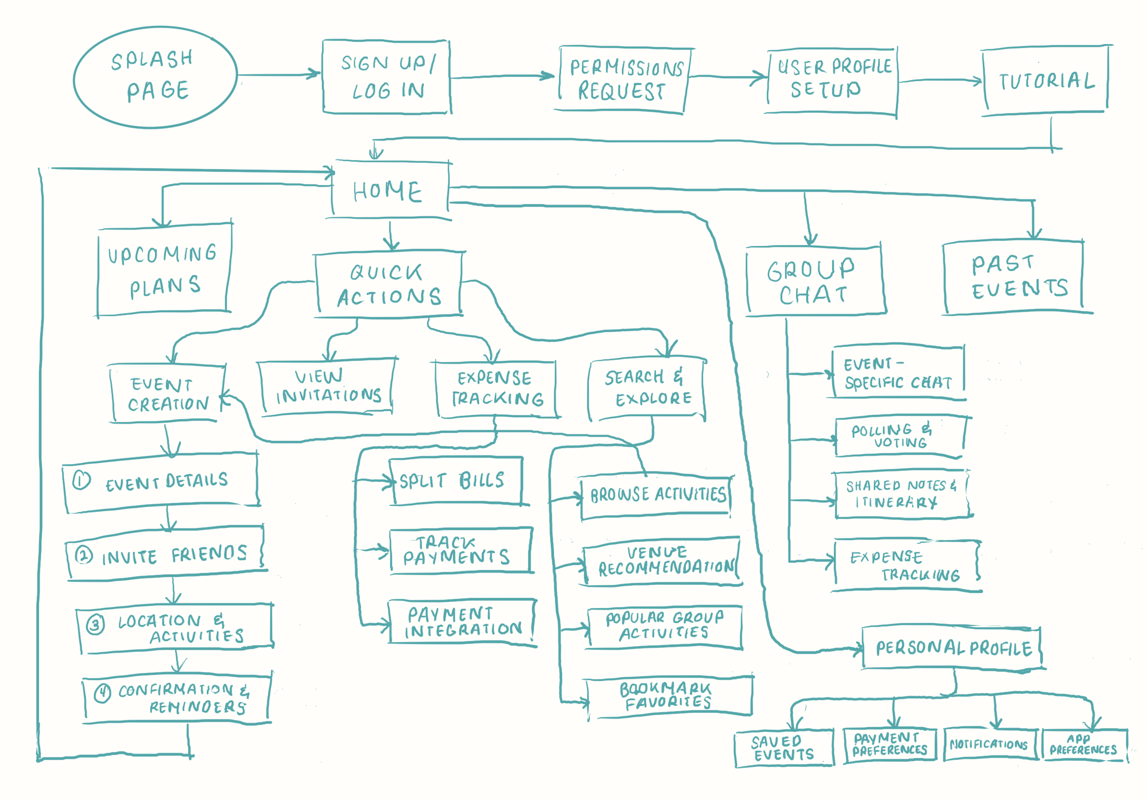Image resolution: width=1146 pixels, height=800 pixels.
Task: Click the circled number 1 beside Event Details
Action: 82,480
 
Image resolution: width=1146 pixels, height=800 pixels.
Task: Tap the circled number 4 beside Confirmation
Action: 102,693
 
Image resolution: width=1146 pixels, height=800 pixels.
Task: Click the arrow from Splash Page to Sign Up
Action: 278,75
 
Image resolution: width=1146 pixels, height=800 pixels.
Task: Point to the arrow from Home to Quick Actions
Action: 391,235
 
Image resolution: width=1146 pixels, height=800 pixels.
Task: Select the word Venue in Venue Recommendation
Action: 657,552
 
